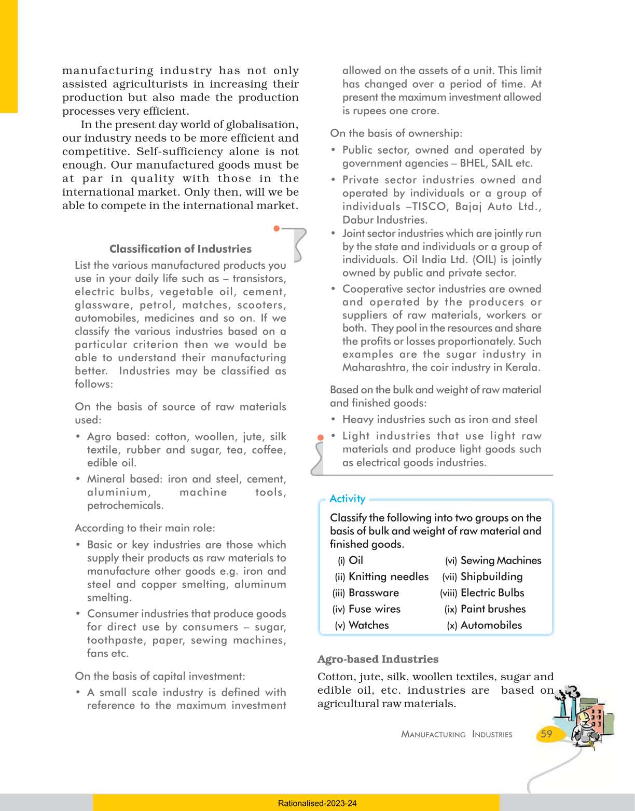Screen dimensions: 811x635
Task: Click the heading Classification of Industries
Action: (x=180, y=249)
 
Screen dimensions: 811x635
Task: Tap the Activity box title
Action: (x=347, y=499)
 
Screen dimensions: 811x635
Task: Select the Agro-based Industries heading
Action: (x=378, y=659)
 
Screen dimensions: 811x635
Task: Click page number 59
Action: (x=546, y=734)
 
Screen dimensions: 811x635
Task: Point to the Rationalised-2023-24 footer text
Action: (x=317, y=803)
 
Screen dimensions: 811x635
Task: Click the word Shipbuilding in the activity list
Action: (x=491, y=576)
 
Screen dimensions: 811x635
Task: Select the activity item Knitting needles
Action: (x=389, y=576)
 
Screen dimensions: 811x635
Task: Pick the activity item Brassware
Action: (x=374, y=593)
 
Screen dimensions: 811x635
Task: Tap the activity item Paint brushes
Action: (x=493, y=609)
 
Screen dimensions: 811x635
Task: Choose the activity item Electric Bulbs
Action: (x=492, y=593)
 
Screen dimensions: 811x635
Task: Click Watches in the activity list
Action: (x=368, y=625)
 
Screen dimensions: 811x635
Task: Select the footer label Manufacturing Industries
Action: (x=457, y=734)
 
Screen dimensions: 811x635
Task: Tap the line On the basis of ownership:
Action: (x=396, y=133)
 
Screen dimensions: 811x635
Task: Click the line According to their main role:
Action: (x=145, y=528)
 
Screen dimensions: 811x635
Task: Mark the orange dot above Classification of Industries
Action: (x=277, y=228)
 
